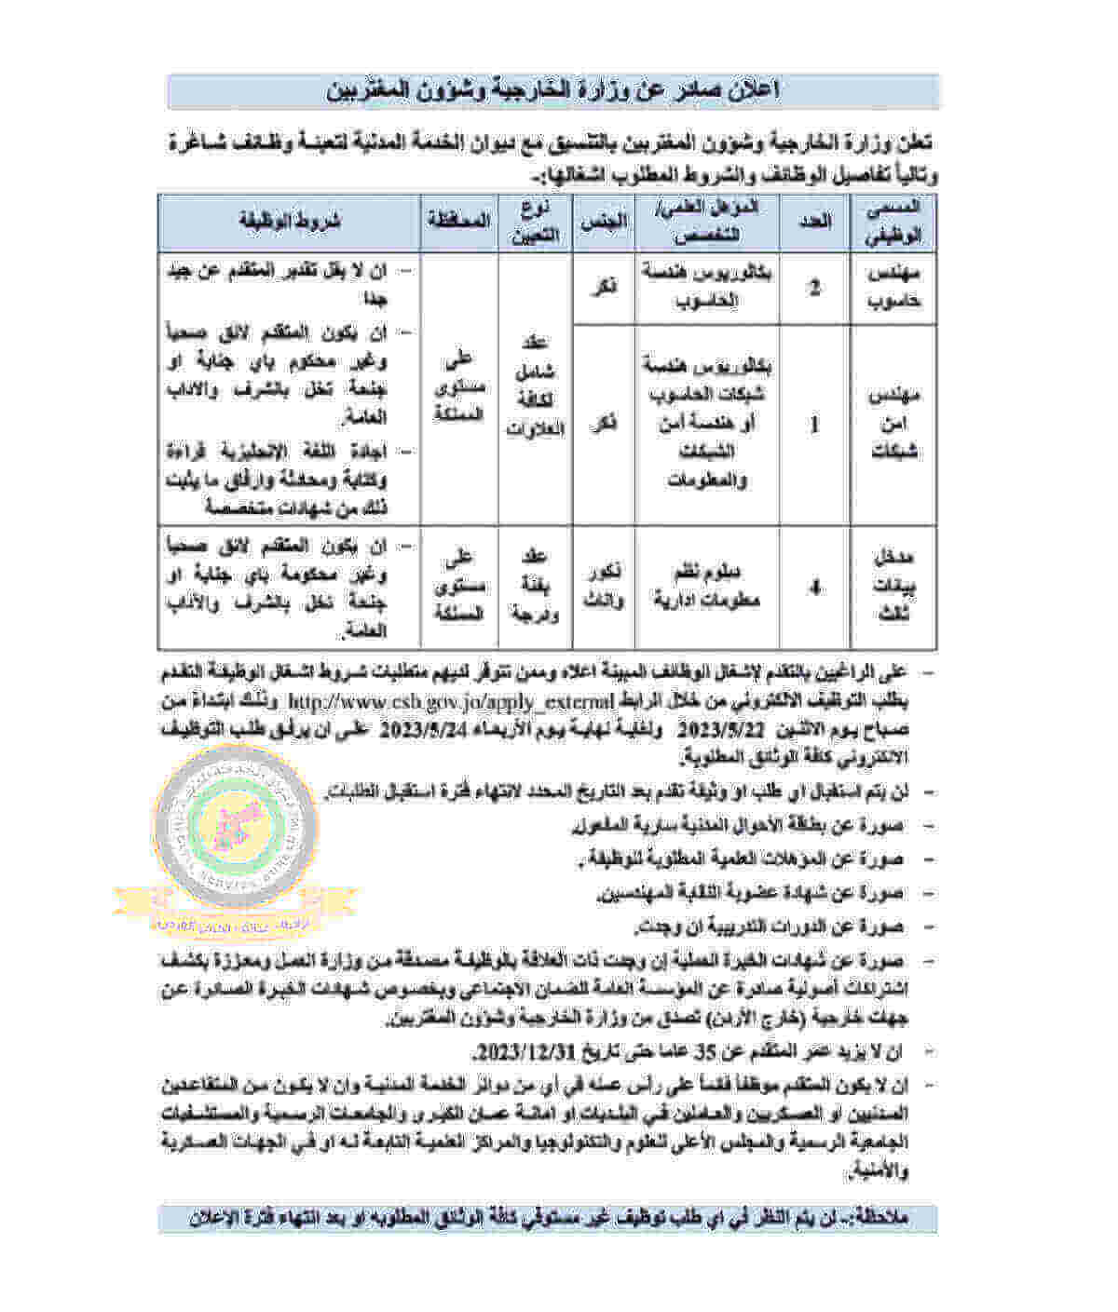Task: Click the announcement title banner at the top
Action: (x=553, y=90)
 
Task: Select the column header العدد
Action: (x=816, y=222)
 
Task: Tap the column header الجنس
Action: (x=604, y=222)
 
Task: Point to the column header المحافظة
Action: (x=458, y=222)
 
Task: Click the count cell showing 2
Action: (x=816, y=287)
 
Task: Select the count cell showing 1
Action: (x=816, y=424)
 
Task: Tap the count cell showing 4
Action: (x=816, y=588)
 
